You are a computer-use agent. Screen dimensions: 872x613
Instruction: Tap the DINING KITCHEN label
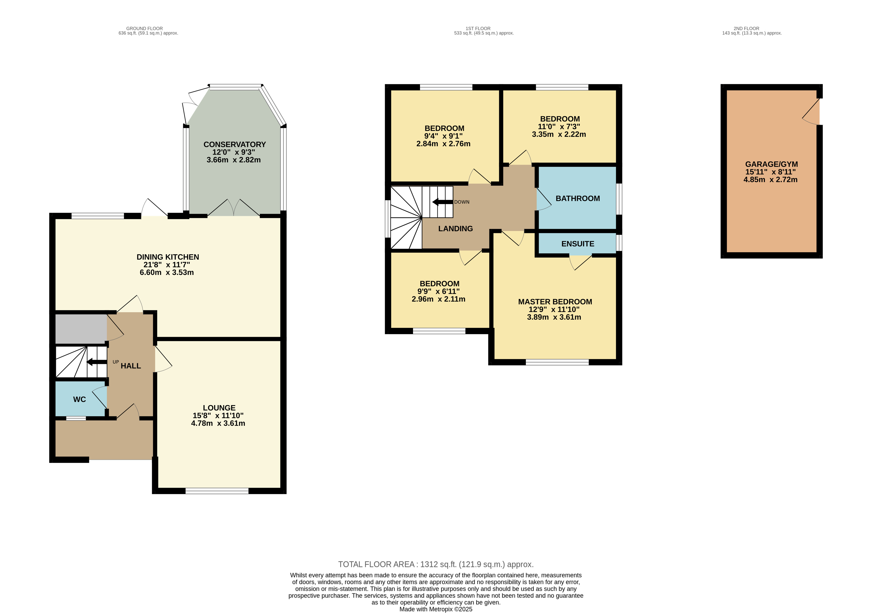coord(168,257)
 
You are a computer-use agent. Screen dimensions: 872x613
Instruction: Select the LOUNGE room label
coord(219,408)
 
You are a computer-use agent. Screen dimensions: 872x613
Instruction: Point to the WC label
coord(79,399)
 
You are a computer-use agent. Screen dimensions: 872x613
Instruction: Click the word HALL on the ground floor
coord(131,366)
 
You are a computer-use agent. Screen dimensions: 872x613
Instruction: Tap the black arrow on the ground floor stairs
coord(96,362)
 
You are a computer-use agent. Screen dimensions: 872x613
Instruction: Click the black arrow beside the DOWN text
coord(442,202)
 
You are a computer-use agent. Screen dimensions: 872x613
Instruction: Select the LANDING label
coord(455,229)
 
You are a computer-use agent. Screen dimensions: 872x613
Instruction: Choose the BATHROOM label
coord(578,198)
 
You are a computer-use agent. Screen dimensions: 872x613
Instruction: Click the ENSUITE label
coord(578,244)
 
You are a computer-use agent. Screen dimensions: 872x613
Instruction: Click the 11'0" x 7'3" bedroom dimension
coord(559,127)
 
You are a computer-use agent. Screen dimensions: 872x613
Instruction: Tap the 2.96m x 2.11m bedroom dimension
coord(438,299)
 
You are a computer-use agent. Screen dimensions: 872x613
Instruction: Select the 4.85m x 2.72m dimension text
coord(770,180)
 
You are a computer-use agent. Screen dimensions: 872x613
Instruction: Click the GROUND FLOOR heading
coord(144,29)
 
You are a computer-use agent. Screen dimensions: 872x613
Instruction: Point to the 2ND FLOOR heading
coord(746,29)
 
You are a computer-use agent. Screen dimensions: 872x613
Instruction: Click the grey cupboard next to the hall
coord(81,329)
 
